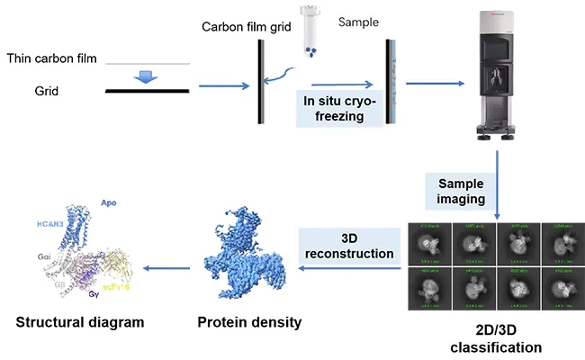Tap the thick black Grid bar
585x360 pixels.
pyautogui.click(x=147, y=91)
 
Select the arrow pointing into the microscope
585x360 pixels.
pyautogui.click(x=436, y=85)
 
